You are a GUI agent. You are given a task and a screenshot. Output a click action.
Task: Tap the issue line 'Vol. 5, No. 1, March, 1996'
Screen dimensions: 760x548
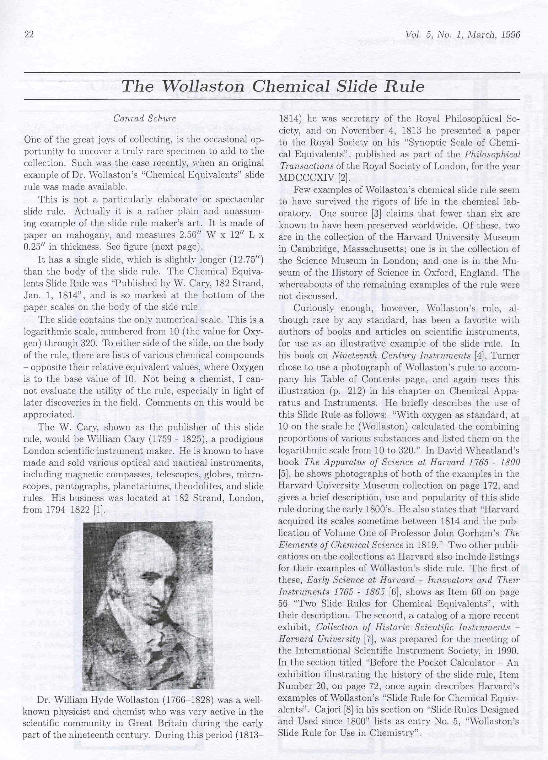click(462, 34)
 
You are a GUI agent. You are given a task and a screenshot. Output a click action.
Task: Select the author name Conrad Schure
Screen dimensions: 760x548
click(144, 119)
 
